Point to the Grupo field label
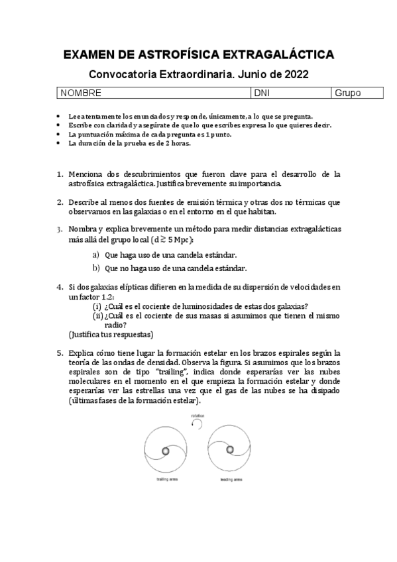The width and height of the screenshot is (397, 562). pos(348,93)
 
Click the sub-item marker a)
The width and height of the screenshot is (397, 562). pos(95,254)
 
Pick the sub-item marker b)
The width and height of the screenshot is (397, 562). pos(95,268)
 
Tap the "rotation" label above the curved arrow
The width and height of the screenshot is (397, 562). pos(197,417)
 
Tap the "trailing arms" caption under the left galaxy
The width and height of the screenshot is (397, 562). pos(164,479)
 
